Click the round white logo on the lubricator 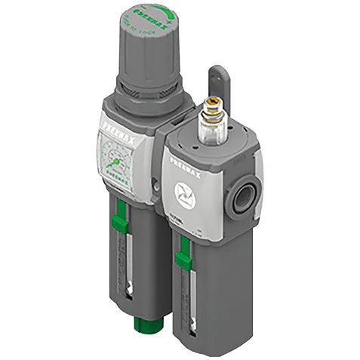pos(184,192)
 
